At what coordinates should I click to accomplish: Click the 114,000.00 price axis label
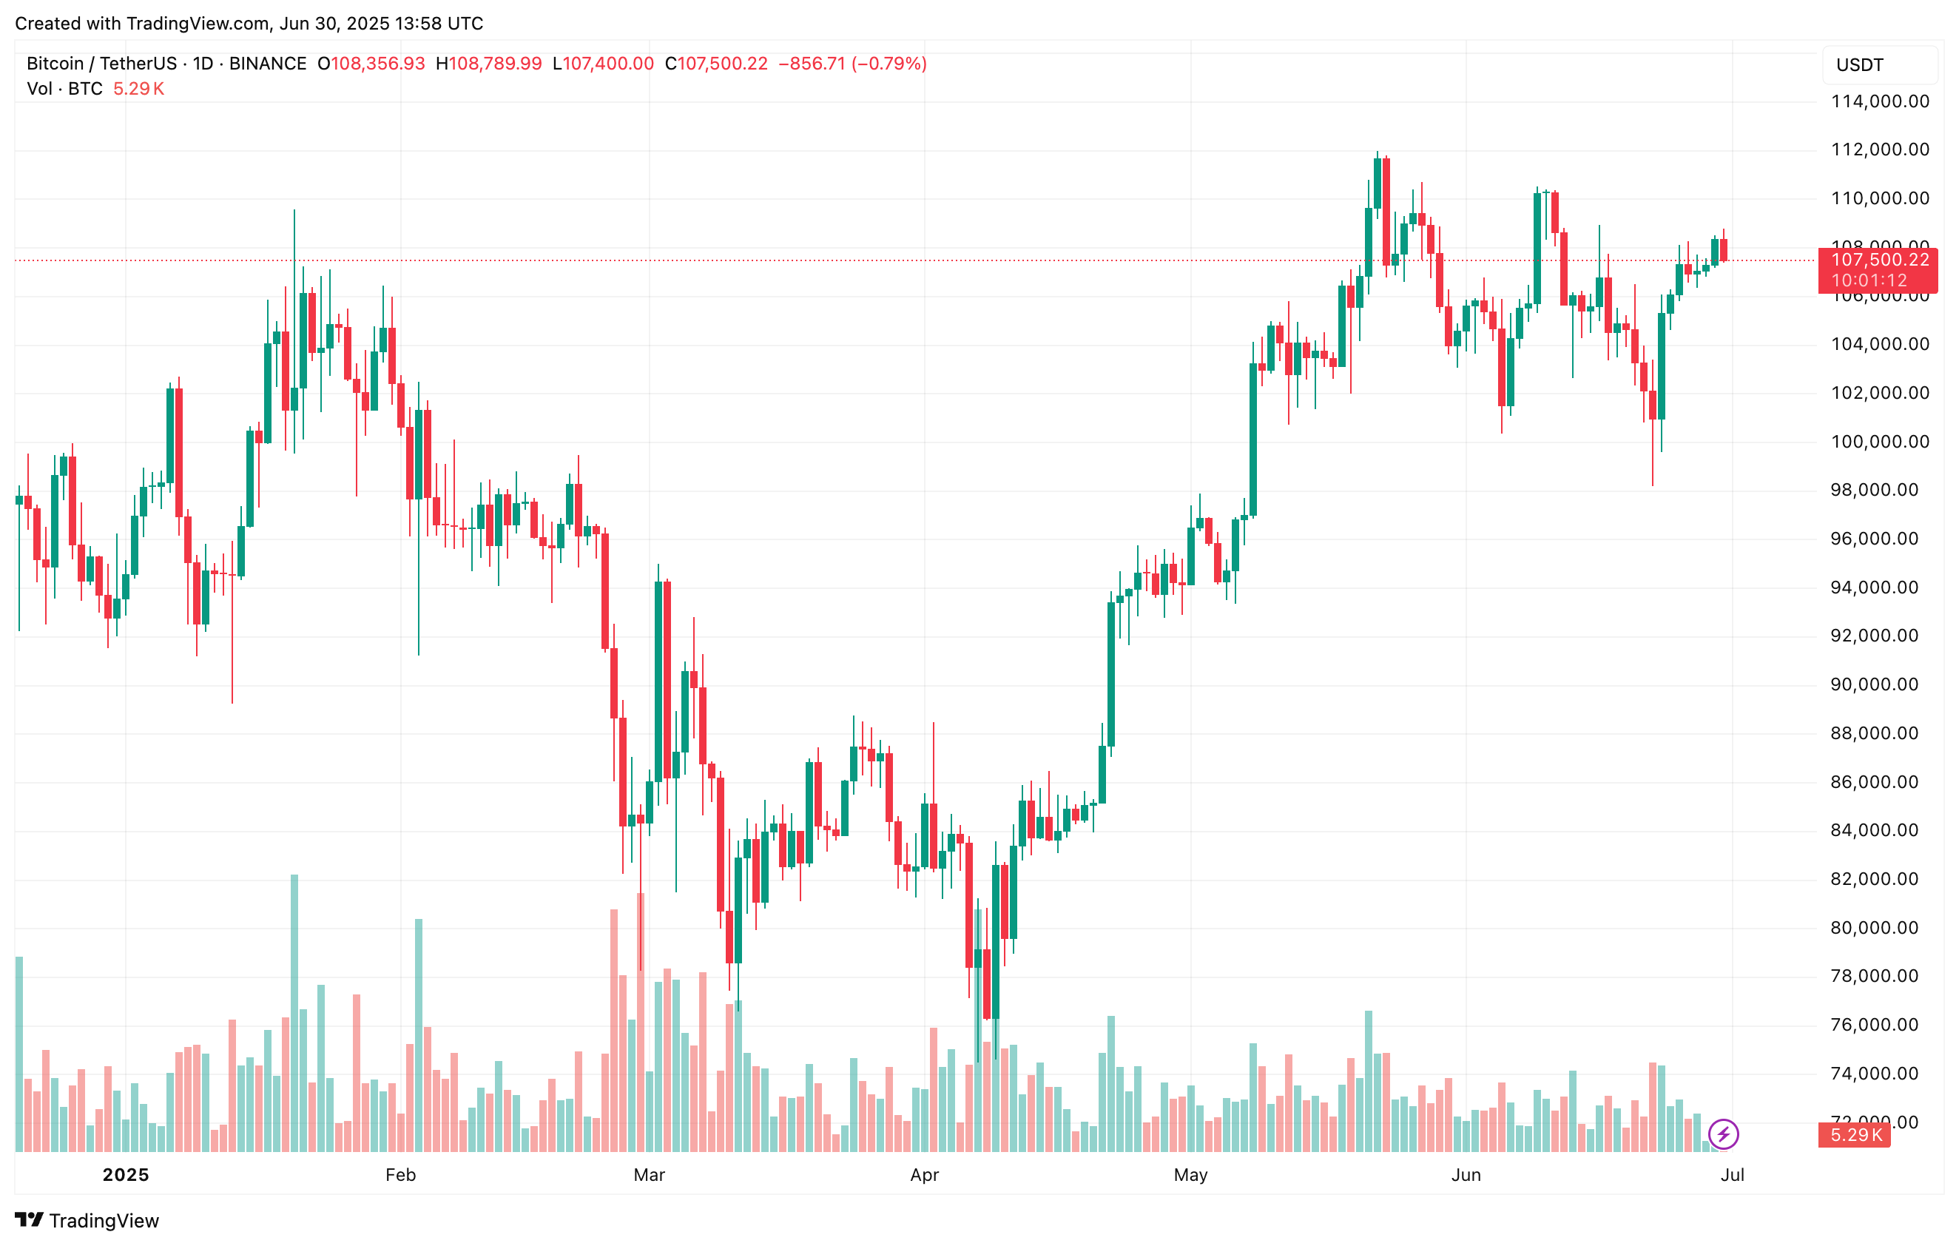coord(1878,101)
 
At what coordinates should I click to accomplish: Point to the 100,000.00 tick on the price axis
coord(1878,442)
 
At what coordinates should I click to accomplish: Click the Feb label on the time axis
coord(400,1174)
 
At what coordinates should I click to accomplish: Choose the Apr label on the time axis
coord(924,1174)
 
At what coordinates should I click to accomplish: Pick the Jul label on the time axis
coord(1732,1174)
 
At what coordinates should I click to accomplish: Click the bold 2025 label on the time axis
coord(126,1174)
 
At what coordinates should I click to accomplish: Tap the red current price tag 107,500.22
coord(1878,260)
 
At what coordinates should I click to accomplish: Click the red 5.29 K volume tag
coord(1855,1134)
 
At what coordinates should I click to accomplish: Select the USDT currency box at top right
coord(1878,65)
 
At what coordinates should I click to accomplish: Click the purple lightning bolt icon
coord(1723,1134)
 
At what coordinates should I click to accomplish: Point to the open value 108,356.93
coord(377,64)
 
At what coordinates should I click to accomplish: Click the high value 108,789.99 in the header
coord(495,64)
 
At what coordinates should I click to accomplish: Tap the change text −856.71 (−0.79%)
coord(852,64)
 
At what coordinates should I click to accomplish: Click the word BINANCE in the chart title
coord(268,64)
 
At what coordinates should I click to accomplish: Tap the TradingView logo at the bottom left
coord(87,1220)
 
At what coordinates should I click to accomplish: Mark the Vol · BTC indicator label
coord(65,89)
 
